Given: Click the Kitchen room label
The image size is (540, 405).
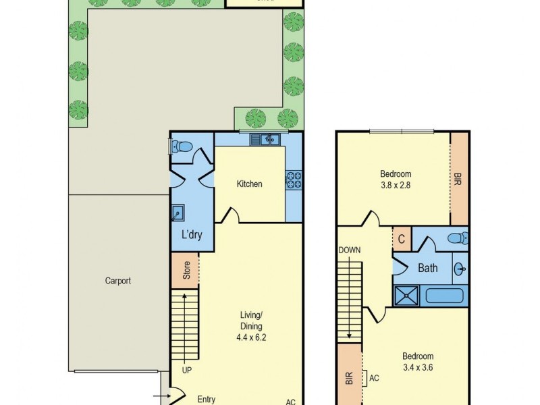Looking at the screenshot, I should tap(249, 184).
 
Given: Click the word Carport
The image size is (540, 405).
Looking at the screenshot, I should tap(117, 281).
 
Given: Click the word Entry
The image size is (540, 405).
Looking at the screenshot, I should tap(206, 399).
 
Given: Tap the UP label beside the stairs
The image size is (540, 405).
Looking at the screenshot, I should tap(188, 370).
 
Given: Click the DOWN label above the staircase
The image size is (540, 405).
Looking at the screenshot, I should tap(350, 250).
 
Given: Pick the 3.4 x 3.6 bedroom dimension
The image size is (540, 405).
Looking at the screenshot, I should tap(418, 367).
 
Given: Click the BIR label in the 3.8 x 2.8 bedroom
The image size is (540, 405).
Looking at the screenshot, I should tap(458, 180).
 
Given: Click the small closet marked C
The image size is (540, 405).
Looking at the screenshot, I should tap(401, 239).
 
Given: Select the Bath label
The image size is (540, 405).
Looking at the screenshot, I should tap(428, 268).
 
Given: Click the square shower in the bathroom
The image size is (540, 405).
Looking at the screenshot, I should tap(407, 295).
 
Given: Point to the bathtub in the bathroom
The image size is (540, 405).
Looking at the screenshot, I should tap(443, 295).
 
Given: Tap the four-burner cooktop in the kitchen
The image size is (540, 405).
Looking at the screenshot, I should tap(294, 180).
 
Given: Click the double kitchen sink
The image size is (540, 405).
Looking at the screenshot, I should tap(265, 140).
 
